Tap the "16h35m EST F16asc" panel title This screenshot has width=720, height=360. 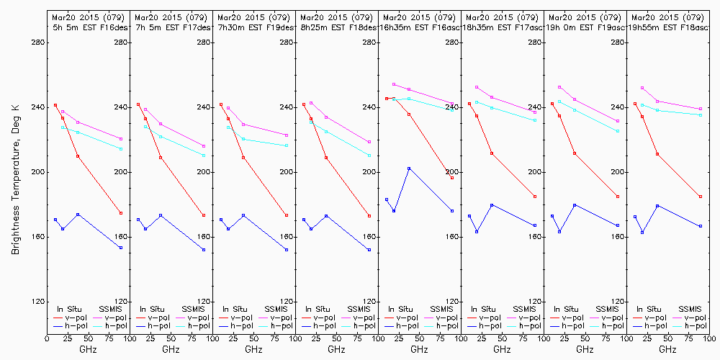coord(418,27)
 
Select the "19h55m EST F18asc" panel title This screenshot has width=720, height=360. coord(667,27)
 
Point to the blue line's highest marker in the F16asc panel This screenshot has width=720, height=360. coord(409,168)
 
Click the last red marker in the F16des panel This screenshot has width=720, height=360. coord(121,213)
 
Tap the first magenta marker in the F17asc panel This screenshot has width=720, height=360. coord(477,87)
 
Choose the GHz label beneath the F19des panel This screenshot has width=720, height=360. coord(253,349)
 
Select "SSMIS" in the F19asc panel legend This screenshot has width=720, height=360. coord(608,308)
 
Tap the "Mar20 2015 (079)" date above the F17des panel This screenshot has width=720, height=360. coord(171,17)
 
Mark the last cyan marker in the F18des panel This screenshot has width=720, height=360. coord(369,156)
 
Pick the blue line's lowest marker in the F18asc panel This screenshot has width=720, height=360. coord(642,233)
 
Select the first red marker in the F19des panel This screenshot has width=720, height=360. coord(221,104)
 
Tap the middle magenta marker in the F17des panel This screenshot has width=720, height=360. coord(161,124)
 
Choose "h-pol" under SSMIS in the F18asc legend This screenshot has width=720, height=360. coord(691,326)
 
